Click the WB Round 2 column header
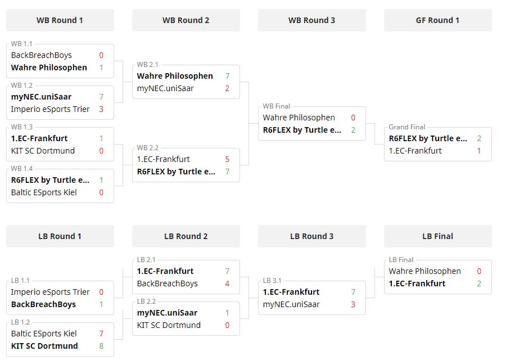[x=186, y=20]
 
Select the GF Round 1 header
[x=438, y=20]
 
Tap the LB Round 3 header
[x=311, y=236]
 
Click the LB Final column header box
[x=438, y=236]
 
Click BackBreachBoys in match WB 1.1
[x=42, y=55]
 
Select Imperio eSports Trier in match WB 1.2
[x=50, y=109]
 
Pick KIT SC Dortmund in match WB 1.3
[x=43, y=151]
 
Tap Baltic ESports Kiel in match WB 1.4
[x=44, y=192]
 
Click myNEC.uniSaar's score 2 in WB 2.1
[x=227, y=88]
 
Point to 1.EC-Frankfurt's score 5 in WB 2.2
[x=227, y=159]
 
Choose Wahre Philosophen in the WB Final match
[x=299, y=118]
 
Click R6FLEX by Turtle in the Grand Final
[x=428, y=138]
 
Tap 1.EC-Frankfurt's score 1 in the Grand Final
[x=479, y=151]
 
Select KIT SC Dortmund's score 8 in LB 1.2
[x=101, y=346]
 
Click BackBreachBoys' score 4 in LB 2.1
[x=227, y=283]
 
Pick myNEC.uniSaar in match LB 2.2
[x=167, y=313]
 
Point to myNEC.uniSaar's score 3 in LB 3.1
[x=353, y=304]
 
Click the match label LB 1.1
[x=20, y=281]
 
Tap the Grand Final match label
[x=407, y=127]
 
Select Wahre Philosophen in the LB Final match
[x=424, y=271]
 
